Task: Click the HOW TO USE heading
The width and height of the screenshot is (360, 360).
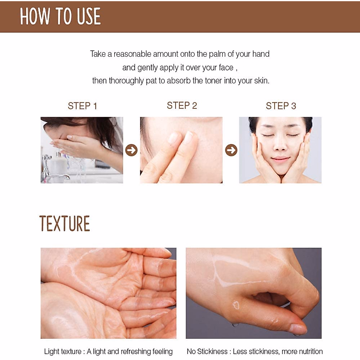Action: (60, 16)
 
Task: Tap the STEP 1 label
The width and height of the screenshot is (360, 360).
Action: (82, 106)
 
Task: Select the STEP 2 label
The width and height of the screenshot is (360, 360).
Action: (182, 106)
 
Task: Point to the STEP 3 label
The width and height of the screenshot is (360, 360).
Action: (281, 106)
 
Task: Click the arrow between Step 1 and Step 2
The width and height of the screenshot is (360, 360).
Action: (131, 150)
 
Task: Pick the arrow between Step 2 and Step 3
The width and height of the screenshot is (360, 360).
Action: (231, 150)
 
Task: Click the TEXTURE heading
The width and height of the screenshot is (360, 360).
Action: (64, 224)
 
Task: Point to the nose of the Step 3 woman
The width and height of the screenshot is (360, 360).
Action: (280, 145)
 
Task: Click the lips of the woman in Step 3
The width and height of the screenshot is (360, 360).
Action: (280, 159)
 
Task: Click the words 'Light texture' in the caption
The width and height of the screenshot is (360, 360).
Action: (63, 352)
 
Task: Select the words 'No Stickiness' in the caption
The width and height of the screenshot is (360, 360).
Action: (207, 352)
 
